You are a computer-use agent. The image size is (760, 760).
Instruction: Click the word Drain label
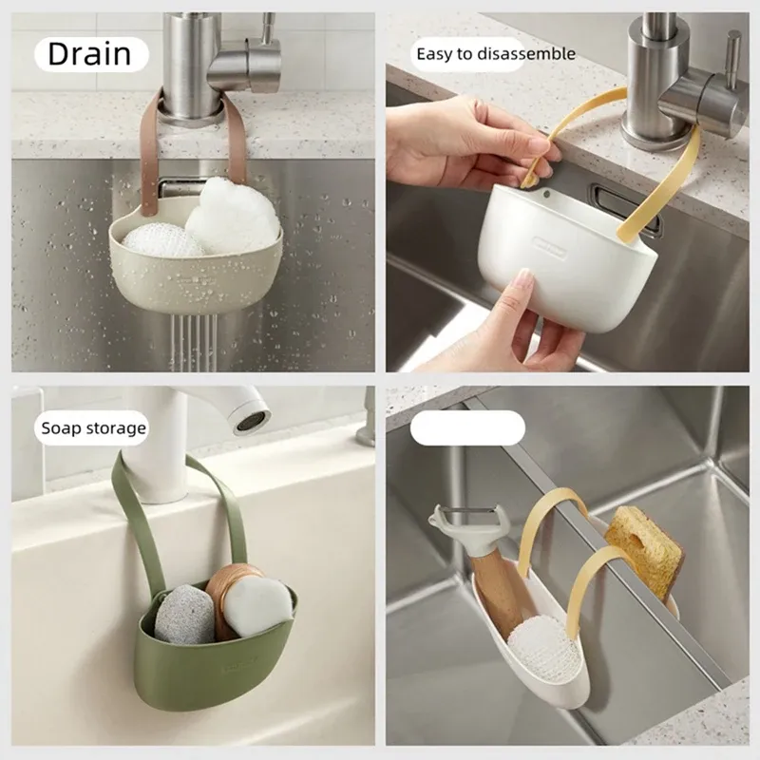(89, 54)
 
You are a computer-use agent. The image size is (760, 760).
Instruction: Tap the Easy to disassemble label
(496, 54)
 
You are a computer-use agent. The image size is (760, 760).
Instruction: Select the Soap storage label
(93, 428)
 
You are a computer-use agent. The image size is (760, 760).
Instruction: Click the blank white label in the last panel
(467, 428)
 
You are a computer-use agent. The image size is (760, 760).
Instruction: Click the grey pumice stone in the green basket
(185, 614)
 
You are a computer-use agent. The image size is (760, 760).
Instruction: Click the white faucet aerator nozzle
(252, 421)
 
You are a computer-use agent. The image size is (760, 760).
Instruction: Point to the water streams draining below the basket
(194, 342)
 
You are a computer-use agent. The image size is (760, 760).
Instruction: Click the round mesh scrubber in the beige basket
(162, 240)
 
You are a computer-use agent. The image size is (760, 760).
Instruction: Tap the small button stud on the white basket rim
(546, 195)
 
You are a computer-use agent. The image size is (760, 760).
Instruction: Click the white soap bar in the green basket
(256, 607)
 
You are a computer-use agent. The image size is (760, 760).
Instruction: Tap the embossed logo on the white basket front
(549, 248)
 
